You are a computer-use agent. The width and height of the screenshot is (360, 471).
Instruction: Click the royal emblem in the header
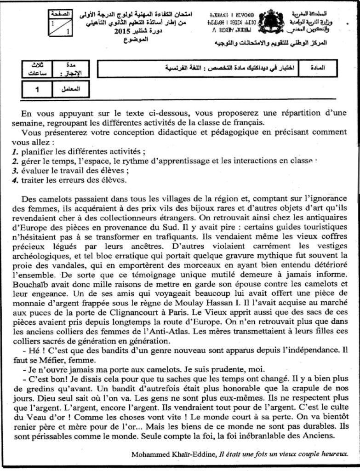click(x=271, y=22)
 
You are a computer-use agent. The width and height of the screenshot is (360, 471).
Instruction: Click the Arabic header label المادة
click(x=326, y=68)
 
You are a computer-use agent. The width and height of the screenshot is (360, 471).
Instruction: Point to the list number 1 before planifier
click(x=14, y=151)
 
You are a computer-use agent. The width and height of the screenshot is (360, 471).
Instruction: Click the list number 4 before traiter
click(x=14, y=179)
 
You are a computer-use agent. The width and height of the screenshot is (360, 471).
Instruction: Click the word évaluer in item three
click(x=33, y=170)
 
